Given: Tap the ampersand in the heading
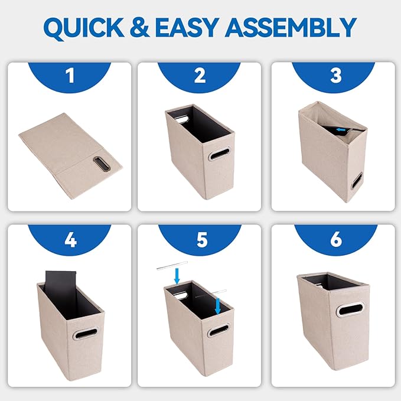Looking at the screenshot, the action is point(139,27).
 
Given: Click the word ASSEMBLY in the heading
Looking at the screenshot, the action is point(291,27).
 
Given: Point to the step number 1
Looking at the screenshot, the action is point(70,76).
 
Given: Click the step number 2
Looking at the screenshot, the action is point(200,76).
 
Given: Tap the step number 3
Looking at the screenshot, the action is point(336,76).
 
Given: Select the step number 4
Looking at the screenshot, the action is point(71,240).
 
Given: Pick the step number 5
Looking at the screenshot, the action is point(202,240).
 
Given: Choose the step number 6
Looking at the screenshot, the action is point(336,239).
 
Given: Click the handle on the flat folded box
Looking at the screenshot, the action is point(102,164).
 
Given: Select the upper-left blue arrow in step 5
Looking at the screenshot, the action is point(177,276).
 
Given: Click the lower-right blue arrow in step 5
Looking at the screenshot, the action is point(218,305).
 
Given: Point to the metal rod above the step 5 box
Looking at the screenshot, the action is point(172,265).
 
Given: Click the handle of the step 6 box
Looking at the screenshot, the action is point(350,309).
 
